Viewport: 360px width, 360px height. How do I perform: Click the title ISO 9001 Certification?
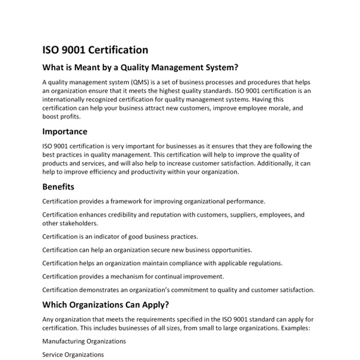click(95, 50)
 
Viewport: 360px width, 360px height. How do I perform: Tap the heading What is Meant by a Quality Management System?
click(140, 67)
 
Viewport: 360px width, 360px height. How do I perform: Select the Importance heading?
click(65, 131)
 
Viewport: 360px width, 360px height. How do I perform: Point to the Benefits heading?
click(58, 187)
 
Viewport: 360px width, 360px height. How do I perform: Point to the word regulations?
click(262, 263)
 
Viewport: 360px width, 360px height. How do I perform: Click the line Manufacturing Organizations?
click(84, 341)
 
